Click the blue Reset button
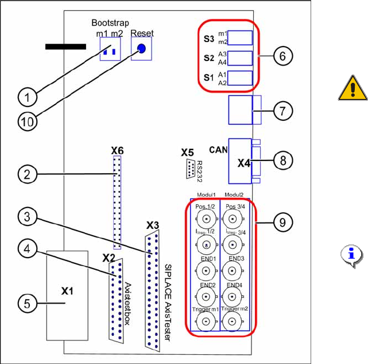pos(141,51)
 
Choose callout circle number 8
pos(282,161)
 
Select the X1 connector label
pos(68,290)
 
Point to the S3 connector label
pos(209,39)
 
